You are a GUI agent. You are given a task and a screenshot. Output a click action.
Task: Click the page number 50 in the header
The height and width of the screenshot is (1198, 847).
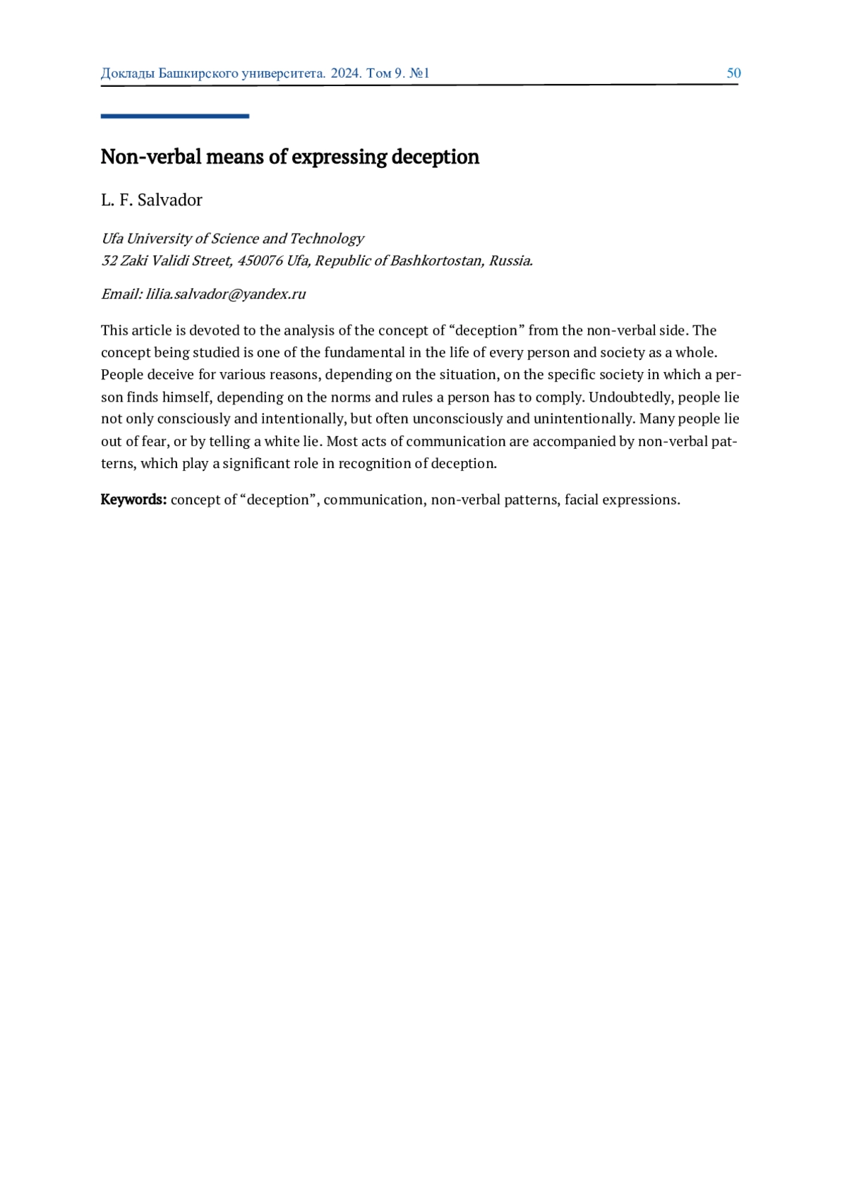pyautogui.click(x=733, y=73)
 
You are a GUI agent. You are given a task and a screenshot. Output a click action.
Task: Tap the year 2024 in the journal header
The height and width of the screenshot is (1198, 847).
pyautogui.click(x=345, y=73)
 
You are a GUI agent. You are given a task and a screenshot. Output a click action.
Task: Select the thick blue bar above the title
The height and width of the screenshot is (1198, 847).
pyautogui.click(x=174, y=116)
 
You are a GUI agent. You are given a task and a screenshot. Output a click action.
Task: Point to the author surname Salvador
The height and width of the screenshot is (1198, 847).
pyautogui.click(x=170, y=200)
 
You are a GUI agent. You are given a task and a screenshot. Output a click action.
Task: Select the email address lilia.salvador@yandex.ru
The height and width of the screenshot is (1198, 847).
pyautogui.click(x=226, y=294)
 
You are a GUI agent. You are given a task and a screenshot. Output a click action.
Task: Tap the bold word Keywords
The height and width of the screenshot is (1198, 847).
pyautogui.click(x=133, y=500)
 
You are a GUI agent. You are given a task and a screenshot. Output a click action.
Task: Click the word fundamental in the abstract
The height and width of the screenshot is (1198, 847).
pyautogui.click(x=364, y=352)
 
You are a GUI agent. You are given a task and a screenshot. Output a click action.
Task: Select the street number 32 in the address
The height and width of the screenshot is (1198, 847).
pyautogui.click(x=109, y=260)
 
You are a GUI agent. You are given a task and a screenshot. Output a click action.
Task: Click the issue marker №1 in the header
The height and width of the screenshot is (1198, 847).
pyautogui.click(x=419, y=73)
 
